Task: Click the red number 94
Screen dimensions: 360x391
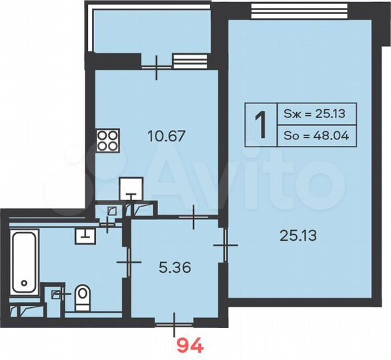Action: (189, 345)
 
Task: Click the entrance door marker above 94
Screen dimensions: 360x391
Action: (173, 324)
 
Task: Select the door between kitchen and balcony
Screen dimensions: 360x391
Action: (157, 65)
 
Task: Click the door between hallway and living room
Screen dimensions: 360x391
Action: (226, 246)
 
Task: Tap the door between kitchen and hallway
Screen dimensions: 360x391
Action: (193, 217)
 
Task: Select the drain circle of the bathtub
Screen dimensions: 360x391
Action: (25, 283)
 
